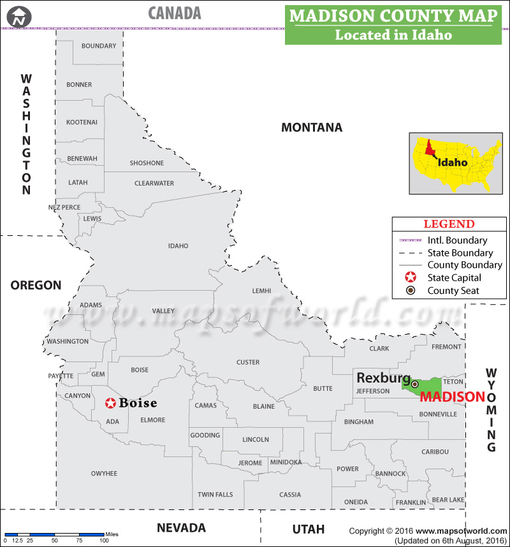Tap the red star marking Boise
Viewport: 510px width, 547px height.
coord(111,403)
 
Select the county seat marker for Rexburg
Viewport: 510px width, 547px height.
coord(415,384)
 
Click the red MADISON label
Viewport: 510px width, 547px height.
coord(453,397)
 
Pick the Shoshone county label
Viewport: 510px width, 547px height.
coord(147,163)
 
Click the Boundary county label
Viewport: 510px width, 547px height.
coord(99,46)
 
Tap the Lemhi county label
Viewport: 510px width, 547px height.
coord(261,291)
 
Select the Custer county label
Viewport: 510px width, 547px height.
coord(248,362)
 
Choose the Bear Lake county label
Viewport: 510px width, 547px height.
coord(448,500)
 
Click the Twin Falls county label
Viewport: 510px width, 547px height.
coord(215,495)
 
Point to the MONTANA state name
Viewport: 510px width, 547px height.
coord(312,128)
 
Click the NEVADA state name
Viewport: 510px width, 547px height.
coord(182,528)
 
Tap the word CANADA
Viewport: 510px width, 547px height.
coord(175,13)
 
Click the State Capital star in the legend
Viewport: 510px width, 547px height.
coord(411,278)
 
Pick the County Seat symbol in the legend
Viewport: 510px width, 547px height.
coord(411,291)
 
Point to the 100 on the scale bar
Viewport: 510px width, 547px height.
coord(103,541)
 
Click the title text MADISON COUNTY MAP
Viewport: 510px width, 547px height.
coord(393,15)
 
